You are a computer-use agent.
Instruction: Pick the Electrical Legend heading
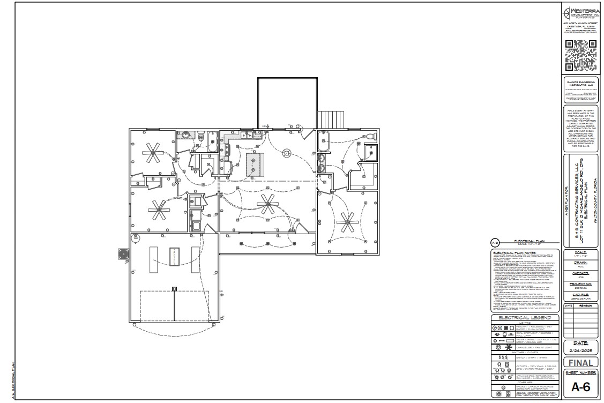(525, 317)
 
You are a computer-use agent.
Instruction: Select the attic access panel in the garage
(174, 257)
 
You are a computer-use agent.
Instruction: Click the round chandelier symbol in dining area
(288, 153)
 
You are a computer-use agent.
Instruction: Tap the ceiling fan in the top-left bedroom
(153, 153)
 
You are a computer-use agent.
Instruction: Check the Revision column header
(586, 305)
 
